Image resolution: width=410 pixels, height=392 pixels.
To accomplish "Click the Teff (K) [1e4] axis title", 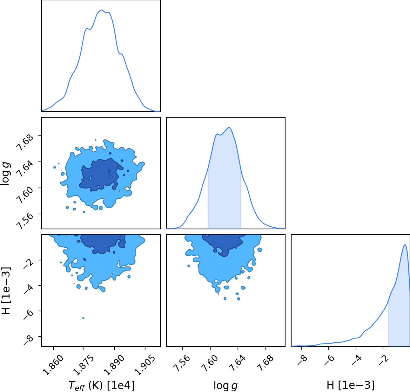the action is (x=101, y=386).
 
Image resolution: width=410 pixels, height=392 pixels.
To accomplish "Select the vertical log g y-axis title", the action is (x=5, y=174).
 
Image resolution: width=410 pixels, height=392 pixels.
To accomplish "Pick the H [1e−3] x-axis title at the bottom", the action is (x=351, y=385).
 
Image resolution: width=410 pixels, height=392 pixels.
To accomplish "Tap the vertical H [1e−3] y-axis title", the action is (x=6, y=291).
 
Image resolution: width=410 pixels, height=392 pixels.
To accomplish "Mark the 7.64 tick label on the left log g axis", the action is (x=25, y=168).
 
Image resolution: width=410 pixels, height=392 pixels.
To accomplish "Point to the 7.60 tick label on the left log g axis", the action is (x=25, y=195).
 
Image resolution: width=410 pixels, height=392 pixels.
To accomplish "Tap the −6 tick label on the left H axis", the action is (x=28, y=314).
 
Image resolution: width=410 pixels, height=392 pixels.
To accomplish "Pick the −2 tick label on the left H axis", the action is (x=28, y=264).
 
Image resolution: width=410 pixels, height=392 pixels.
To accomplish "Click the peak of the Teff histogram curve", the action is (x=102, y=10).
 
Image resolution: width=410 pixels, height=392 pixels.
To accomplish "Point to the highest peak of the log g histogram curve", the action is (x=229, y=127).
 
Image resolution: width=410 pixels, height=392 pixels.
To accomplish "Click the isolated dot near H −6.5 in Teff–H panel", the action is (x=83, y=318).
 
